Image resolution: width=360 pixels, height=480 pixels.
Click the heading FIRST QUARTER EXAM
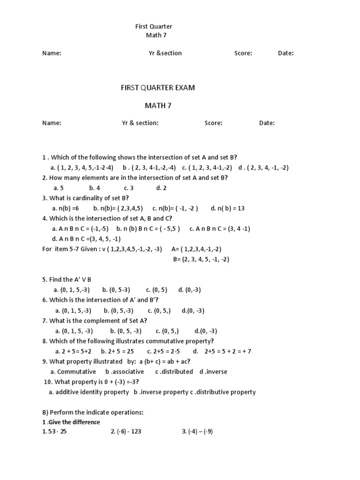click(157, 88)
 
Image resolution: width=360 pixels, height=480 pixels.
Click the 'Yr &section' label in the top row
click(165, 53)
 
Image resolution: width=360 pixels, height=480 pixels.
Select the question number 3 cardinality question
click(85, 198)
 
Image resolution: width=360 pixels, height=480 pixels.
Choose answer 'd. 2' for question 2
click(161, 187)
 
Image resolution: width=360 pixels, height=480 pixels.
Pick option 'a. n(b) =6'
click(66, 208)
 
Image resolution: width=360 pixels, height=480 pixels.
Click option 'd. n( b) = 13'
click(228, 208)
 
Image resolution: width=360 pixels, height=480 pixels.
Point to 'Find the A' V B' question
click(67, 279)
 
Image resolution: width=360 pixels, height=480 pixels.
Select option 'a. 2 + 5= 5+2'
click(73, 351)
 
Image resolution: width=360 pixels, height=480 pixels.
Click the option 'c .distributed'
click(174, 372)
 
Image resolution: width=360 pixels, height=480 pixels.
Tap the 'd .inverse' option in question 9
click(213, 372)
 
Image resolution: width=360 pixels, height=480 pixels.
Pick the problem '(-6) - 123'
click(126, 432)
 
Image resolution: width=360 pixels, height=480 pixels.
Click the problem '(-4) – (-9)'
click(197, 432)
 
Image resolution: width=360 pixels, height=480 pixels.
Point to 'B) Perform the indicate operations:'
click(92, 412)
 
